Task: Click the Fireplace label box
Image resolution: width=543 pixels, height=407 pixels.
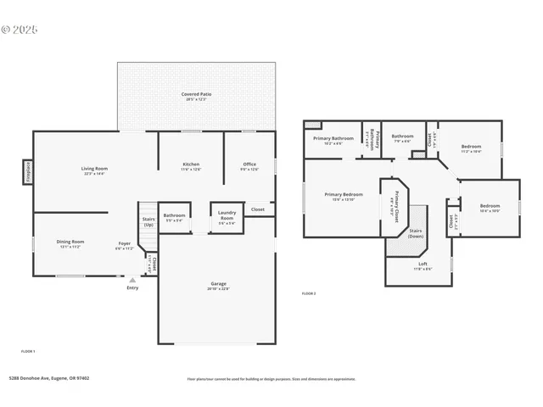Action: pos(27,171)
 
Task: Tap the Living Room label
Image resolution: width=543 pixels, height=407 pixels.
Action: pos(94,168)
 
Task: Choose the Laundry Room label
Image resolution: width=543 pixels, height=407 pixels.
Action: pos(227,215)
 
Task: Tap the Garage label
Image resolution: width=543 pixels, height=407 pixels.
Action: pos(218,283)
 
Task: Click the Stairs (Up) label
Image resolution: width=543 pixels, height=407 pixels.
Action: pos(148,222)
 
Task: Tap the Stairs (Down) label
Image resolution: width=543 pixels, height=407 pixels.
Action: pos(416,232)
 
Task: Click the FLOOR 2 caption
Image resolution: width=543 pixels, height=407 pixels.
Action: pos(309,293)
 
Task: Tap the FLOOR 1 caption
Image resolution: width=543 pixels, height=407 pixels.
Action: pos(28,350)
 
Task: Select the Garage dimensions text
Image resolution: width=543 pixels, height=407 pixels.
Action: pos(218,289)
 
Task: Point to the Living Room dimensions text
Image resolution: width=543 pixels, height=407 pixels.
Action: pos(94,173)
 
